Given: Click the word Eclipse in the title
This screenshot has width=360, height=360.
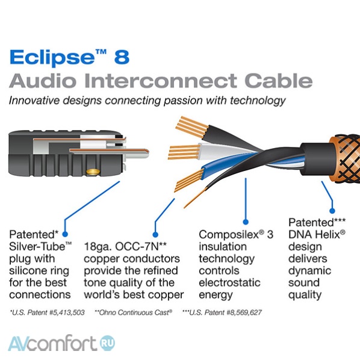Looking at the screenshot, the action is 52,58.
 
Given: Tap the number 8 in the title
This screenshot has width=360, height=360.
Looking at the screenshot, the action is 122,57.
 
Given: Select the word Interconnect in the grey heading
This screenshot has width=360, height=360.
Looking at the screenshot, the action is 161,81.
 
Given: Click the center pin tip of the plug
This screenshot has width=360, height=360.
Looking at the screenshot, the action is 146,153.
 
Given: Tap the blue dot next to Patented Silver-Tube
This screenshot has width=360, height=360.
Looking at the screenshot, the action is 65,234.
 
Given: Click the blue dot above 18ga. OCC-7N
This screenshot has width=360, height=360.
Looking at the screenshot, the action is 155,235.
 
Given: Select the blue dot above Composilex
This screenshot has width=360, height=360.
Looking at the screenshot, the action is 246,222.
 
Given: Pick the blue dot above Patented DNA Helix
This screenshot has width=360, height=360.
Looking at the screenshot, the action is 332,211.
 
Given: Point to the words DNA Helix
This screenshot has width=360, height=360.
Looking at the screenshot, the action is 317,235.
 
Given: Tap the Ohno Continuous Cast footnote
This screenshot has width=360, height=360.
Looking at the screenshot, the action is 134,312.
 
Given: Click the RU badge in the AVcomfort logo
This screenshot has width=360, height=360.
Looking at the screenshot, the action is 107,343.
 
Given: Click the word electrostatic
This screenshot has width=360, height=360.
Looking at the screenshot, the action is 229,282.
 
